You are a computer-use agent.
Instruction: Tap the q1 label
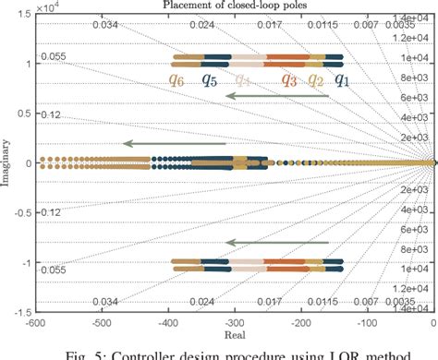343,80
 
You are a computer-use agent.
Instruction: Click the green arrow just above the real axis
175,143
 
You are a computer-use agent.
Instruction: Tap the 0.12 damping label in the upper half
50,114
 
